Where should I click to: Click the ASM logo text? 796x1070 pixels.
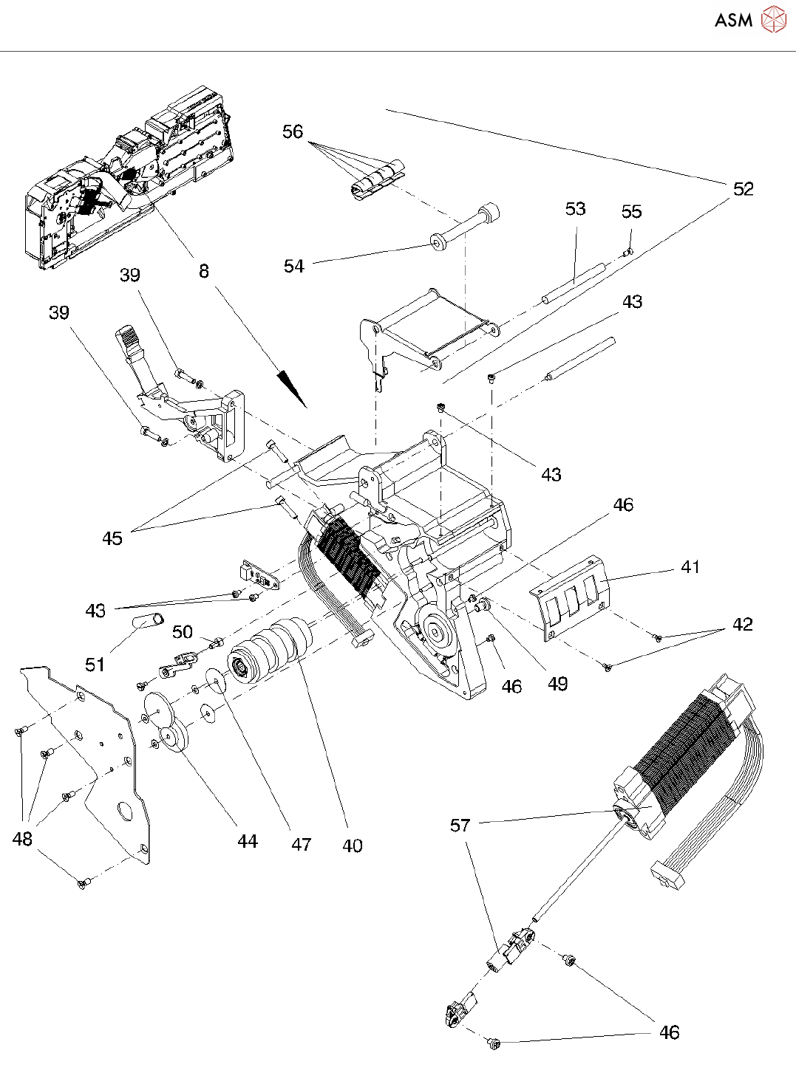(x=733, y=20)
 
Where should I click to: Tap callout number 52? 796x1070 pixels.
(x=744, y=189)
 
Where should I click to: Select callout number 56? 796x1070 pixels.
(x=293, y=131)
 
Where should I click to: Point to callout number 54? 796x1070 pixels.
(x=293, y=266)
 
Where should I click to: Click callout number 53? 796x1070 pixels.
(x=575, y=209)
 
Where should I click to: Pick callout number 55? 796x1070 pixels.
(x=632, y=211)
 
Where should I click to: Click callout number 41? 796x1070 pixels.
(x=690, y=567)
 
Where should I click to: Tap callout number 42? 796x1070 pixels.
(x=742, y=624)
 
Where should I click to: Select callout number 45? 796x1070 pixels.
(x=112, y=538)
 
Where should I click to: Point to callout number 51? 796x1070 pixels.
(x=95, y=665)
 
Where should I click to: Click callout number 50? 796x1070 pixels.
(x=183, y=632)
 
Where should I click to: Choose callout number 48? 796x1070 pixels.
(x=22, y=839)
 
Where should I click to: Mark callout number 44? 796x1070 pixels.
(x=248, y=841)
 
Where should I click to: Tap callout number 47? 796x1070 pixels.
(x=302, y=844)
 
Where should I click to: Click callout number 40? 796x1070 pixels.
(x=352, y=846)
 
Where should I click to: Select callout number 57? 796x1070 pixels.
(x=460, y=826)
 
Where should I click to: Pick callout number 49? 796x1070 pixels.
(x=558, y=684)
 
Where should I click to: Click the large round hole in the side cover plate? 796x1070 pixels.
(x=124, y=812)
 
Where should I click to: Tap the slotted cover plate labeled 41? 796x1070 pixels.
(x=571, y=598)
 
